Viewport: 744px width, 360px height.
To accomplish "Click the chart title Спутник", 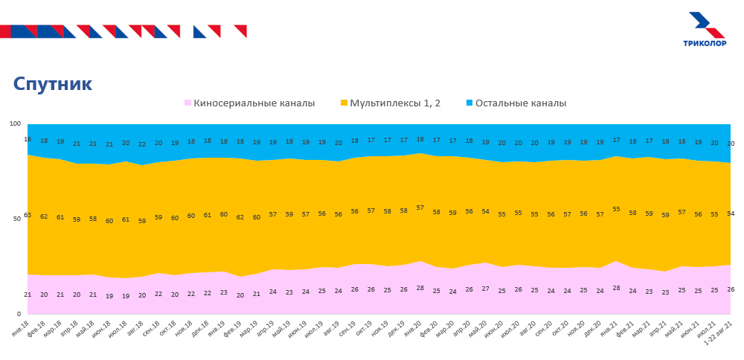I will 53,84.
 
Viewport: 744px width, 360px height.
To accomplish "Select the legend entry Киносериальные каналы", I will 254,103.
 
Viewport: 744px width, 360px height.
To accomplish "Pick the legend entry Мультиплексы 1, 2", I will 395,103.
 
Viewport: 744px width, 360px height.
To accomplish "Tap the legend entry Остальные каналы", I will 521,103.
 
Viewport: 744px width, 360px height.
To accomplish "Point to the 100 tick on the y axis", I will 16,124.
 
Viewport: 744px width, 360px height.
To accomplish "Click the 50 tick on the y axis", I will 18,219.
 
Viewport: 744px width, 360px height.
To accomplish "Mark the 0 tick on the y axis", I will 20,314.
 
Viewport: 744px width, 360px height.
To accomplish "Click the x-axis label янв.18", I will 21,328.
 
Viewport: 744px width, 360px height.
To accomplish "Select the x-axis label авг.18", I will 135,328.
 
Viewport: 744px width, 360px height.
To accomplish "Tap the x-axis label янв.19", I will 217,328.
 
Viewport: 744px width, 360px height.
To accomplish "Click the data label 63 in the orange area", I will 28,215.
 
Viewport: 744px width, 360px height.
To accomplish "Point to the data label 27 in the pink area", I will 486,289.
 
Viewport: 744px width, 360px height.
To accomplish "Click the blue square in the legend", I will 470,103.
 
